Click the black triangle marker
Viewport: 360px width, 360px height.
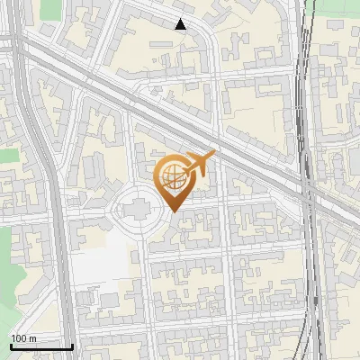point(181,24)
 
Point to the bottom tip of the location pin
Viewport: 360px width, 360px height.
point(173,212)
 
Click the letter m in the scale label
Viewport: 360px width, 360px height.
point(34,338)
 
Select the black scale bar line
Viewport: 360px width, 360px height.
point(41,346)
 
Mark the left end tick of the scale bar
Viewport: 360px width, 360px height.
point(11,345)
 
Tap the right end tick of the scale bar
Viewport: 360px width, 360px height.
point(72,345)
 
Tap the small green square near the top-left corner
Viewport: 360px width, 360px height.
point(9,156)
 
